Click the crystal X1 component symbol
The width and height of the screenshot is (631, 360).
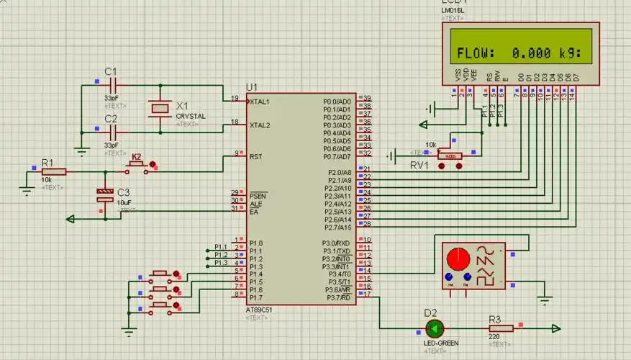click(160, 108)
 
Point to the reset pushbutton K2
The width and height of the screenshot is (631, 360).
click(137, 167)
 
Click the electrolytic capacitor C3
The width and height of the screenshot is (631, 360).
click(105, 195)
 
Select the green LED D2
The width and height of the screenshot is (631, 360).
click(434, 329)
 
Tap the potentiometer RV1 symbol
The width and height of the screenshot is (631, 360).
click(450, 156)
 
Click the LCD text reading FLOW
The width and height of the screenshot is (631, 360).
click(476, 53)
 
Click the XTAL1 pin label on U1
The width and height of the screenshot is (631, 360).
click(260, 102)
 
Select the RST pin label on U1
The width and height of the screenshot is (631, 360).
click(255, 156)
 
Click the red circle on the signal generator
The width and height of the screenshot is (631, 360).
click(456, 258)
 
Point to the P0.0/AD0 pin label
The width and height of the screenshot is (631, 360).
click(337, 102)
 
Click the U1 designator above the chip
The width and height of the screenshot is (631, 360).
click(251, 87)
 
